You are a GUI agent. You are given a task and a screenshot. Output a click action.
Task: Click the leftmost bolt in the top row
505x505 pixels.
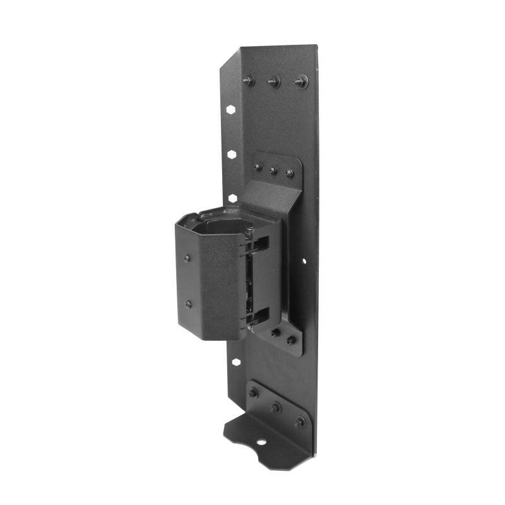(248, 80)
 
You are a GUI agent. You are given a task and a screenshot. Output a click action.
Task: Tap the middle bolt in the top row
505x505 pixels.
(274, 81)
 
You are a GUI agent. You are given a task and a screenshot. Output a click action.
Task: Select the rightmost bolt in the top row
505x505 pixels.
(301, 81)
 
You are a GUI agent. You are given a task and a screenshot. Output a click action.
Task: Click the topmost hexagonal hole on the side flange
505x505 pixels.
(231, 109)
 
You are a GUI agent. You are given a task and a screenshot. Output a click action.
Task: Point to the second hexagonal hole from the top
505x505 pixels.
(232, 153)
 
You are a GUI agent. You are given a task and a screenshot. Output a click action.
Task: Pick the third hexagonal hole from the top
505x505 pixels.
(232, 198)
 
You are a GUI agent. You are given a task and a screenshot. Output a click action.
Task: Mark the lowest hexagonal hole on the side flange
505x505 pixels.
(235, 362)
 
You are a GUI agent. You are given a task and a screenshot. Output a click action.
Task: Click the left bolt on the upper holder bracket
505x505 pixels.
(258, 167)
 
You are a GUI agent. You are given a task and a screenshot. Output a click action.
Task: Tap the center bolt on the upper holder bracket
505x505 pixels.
(273, 170)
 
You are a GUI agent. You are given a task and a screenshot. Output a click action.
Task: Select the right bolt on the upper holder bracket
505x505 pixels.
(290, 172)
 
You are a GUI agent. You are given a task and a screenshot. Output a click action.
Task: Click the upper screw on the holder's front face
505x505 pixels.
(187, 258)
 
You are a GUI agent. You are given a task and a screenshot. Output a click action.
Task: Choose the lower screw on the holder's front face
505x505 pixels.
(189, 304)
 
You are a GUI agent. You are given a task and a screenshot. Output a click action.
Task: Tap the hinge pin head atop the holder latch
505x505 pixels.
(249, 231)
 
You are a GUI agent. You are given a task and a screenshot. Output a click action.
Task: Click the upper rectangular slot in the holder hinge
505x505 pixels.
(260, 244)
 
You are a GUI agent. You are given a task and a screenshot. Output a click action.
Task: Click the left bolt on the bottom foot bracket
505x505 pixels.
(253, 393)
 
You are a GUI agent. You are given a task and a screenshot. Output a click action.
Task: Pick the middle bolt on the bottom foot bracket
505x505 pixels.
(276, 407)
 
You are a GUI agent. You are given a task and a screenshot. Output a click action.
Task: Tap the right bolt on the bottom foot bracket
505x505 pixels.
(300, 421)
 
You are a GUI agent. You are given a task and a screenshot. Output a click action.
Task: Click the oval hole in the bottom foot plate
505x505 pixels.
(261, 441)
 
